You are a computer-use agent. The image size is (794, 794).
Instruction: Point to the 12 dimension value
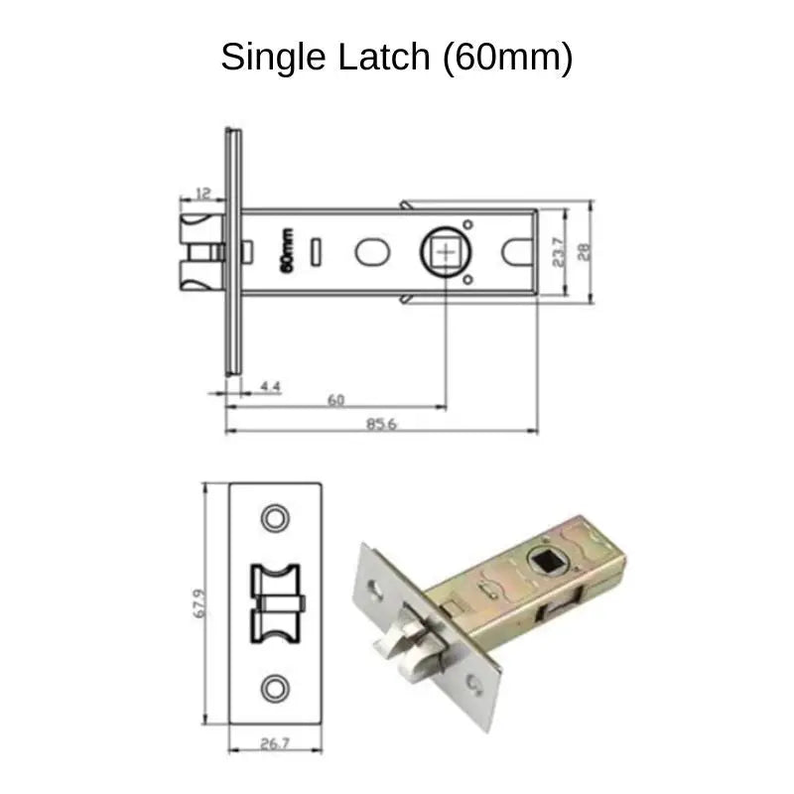pyautogui.click(x=202, y=192)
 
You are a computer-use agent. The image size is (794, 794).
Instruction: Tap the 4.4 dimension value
pyautogui.click(x=269, y=384)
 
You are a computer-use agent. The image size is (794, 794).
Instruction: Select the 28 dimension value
pyautogui.click(x=585, y=252)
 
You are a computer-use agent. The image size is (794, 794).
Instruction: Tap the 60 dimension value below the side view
pyautogui.click(x=335, y=400)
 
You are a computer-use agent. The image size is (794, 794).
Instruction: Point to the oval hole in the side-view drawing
pyautogui.click(x=371, y=252)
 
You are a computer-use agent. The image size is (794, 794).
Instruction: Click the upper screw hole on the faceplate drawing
pyautogui.click(x=274, y=517)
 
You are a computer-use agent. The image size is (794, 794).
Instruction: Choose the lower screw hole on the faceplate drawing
pyautogui.click(x=274, y=689)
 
